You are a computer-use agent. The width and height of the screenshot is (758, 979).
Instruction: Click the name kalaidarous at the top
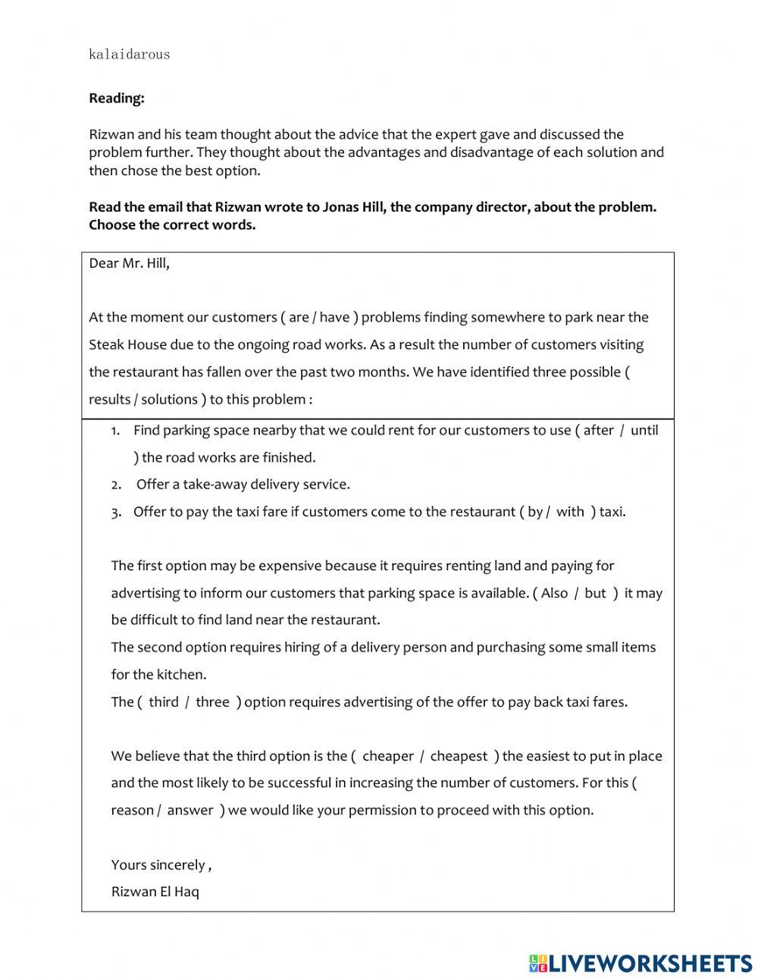[129, 54]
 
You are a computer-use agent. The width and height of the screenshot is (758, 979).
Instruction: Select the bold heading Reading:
[116, 98]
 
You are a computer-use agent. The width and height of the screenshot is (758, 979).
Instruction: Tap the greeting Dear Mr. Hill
[129, 263]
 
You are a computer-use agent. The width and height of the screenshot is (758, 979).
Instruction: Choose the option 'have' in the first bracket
[334, 317]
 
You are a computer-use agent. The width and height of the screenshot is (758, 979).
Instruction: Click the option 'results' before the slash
[109, 399]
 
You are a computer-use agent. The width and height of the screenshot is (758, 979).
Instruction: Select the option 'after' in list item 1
[598, 430]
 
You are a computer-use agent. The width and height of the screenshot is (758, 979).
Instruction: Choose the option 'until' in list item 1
[644, 430]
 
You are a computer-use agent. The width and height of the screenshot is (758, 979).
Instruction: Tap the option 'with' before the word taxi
[570, 511]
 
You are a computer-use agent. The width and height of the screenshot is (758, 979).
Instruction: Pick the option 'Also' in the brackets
[554, 593]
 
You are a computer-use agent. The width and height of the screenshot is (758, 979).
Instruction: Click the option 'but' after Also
[595, 593]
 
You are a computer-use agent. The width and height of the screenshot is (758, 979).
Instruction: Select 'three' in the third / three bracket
[212, 701]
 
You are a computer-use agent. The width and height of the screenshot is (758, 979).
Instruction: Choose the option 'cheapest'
[459, 756]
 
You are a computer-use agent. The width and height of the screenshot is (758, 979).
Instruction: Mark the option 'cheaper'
[388, 756]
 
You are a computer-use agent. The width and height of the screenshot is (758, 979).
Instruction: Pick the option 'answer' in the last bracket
[190, 810]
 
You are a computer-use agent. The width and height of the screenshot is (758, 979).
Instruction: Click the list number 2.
[116, 485]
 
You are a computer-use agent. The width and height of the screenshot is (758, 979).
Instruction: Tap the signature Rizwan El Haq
[155, 891]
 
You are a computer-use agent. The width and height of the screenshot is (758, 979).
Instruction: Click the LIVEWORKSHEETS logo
[641, 963]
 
